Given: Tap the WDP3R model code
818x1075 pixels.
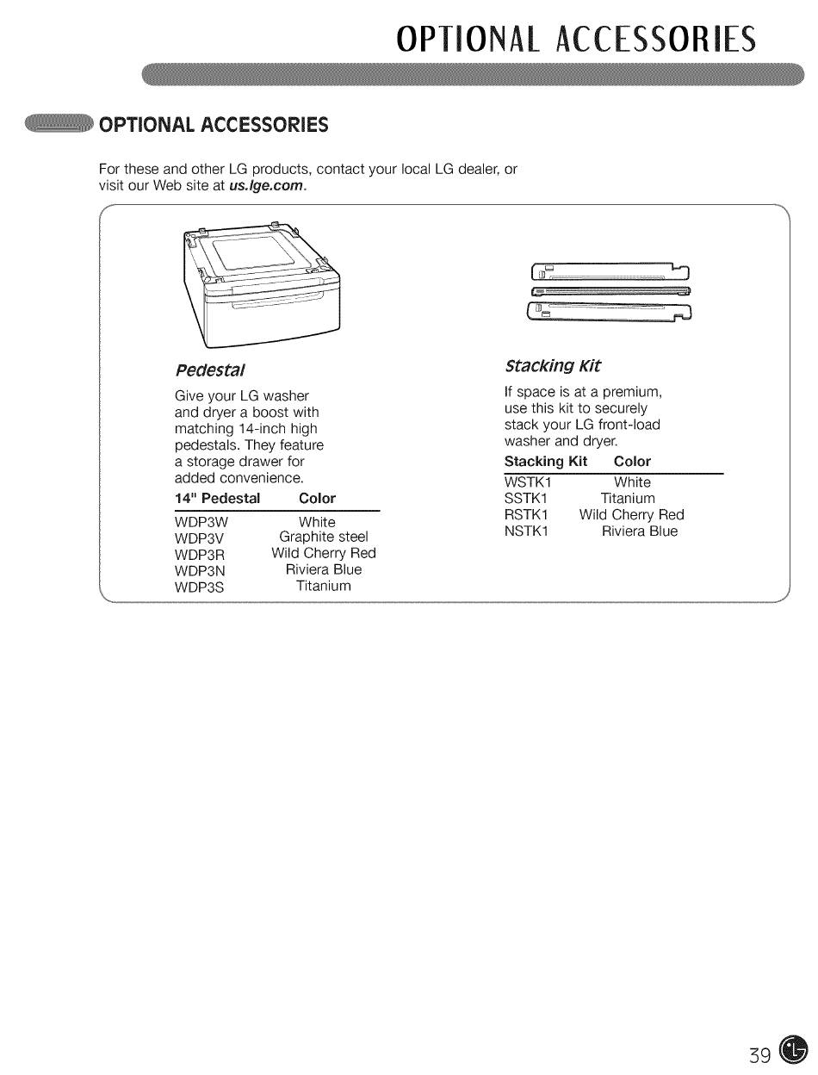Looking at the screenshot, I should [200, 554].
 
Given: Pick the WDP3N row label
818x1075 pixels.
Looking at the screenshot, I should [200, 570].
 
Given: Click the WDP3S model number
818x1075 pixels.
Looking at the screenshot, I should [199, 587].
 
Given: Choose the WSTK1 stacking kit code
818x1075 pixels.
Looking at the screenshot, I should [528, 482].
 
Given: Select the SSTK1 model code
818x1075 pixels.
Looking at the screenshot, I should [526, 499].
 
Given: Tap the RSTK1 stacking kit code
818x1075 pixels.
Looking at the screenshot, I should [527, 515].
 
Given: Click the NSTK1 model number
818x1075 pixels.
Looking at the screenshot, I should [527, 531].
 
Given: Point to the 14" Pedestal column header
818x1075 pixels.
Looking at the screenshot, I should [218, 499].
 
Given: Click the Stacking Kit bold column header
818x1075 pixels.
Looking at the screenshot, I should [545, 462].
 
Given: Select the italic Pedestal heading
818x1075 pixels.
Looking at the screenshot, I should [210, 370].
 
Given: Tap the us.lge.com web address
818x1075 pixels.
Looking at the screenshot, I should [267, 185].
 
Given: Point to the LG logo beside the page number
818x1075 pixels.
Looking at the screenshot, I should [792, 1048].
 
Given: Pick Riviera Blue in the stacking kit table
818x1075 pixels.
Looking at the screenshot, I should [640, 531].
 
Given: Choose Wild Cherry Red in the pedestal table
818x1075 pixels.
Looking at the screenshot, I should [324, 554].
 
